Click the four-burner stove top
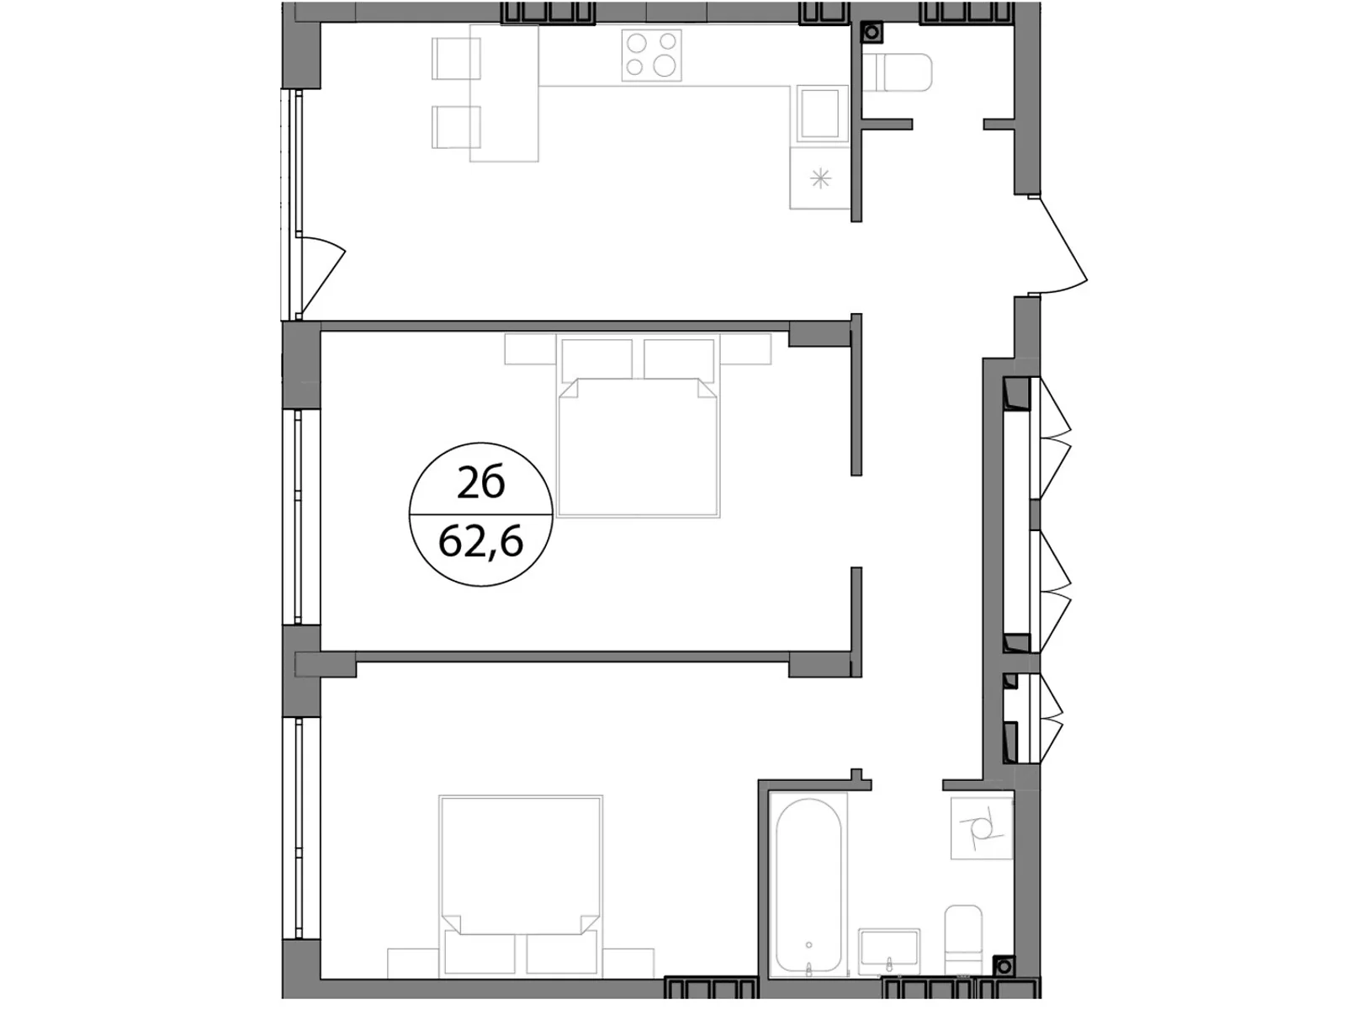tap(652, 55)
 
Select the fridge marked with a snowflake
tap(820, 178)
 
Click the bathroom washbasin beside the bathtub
tap(889, 953)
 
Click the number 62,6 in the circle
tap(481, 543)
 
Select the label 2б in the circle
tap(481, 484)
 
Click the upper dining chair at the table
tap(455, 58)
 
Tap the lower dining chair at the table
tap(455, 127)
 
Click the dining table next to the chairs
tap(504, 93)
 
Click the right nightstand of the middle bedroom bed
tap(746, 349)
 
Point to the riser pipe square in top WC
tap(872, 33)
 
